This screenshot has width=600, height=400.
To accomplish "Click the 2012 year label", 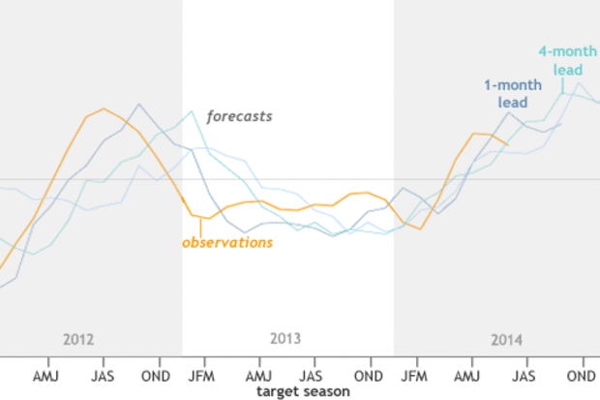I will [x=78, y=340].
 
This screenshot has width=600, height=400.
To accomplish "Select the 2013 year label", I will [x=285, y=339].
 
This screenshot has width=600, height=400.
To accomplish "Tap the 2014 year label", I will [x=506, y=340].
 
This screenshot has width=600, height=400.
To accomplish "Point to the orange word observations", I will [x=227, y=242].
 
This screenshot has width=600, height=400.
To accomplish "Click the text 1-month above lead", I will [x=513, y=85].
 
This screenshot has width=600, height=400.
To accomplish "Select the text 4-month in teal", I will [x=567, y=52].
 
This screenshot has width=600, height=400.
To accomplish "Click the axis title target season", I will [x=303, y=391].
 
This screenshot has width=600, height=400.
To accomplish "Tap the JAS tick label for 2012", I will [x=104, y=375].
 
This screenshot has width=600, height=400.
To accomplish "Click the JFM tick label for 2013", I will [x=201, y=375].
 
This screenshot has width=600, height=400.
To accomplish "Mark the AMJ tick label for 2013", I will [x=258, y=375].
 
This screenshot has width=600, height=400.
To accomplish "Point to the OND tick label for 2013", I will [x=368, y=375].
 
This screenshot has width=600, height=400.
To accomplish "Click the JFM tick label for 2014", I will [x=413, y=375].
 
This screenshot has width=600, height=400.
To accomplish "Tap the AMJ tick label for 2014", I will [x=468, y=375].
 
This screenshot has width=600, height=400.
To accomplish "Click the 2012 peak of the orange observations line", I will [x=104, y=108].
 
